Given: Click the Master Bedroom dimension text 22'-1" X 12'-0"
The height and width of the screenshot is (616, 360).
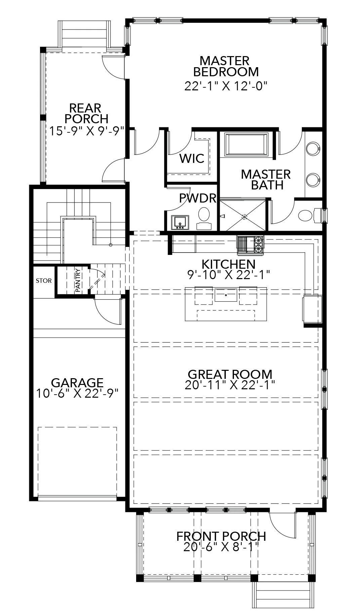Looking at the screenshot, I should pyautogui.click(x=225, y=86).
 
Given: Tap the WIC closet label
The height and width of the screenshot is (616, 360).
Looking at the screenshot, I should pyautogui.click(x=192, y=158).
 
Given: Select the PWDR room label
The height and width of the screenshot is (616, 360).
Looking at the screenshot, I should pyautogui.click(x=197, y=198).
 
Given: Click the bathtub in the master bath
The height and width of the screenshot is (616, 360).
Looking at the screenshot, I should pyautogui.click(x=246, y=144).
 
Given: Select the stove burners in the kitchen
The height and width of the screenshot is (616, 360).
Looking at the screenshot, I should pyautogui.click(x=259, y=244).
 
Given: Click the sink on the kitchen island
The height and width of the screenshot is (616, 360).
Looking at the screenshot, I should pyautogui.click(x=226, y=295).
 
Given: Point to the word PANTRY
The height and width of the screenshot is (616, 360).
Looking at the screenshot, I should pyautogui.click(x=78, y=280).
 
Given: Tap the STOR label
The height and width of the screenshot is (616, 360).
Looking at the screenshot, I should pyautogui.click(x=44, y=280).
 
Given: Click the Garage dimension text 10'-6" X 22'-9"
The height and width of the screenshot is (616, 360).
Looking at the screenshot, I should pyautogui.click(x=77, y=393).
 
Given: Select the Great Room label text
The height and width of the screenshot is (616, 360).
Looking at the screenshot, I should pyautogui.click(x=230, y=374).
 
